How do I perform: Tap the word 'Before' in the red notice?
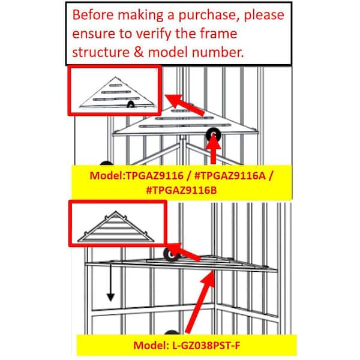[93, 14]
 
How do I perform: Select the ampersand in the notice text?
[139, 52]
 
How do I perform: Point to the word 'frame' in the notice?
[218, 34]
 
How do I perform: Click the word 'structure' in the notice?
[101, 52]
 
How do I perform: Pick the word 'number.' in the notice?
[218, 52]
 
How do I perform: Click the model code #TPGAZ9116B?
[181, 190]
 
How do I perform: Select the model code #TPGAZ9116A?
[230, 176]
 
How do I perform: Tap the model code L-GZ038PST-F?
[206, 346]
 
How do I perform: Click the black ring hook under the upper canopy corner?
[213, 134]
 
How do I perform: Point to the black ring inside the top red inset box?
[131, 104]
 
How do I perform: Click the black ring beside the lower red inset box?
[172, 254]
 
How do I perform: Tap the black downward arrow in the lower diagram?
[110, 283]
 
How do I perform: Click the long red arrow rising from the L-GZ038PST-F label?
[200, 301]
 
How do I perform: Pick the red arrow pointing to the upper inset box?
[184, 104]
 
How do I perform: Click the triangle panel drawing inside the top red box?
[116, 92]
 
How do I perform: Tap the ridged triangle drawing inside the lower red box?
[116, 227]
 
